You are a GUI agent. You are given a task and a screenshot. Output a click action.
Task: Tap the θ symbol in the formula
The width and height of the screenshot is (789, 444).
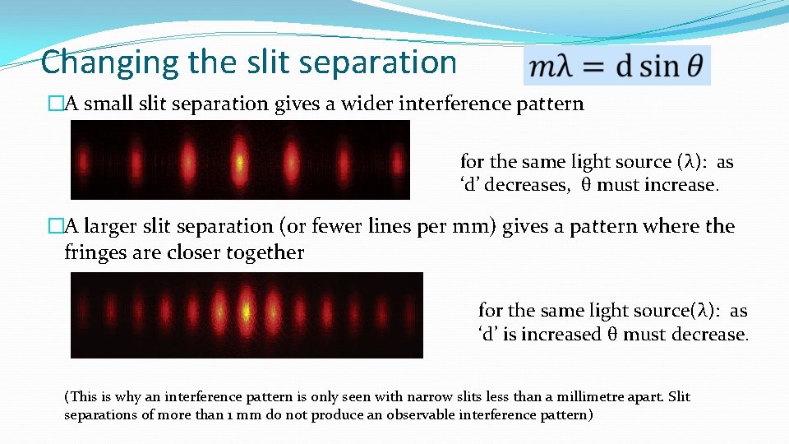point(694,66)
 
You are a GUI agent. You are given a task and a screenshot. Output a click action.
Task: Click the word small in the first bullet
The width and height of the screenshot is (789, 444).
point(106,104)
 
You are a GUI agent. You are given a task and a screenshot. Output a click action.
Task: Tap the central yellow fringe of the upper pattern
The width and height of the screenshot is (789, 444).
point(238,160)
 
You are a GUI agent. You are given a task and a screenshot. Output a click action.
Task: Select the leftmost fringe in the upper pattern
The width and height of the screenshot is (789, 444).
point(83,160)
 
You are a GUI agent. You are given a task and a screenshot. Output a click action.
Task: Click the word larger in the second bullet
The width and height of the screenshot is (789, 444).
point(112,226)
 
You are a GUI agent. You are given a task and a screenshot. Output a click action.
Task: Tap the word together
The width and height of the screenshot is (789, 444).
point(264,252)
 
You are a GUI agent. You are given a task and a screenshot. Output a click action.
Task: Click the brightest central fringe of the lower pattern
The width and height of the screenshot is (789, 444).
point(246,313)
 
